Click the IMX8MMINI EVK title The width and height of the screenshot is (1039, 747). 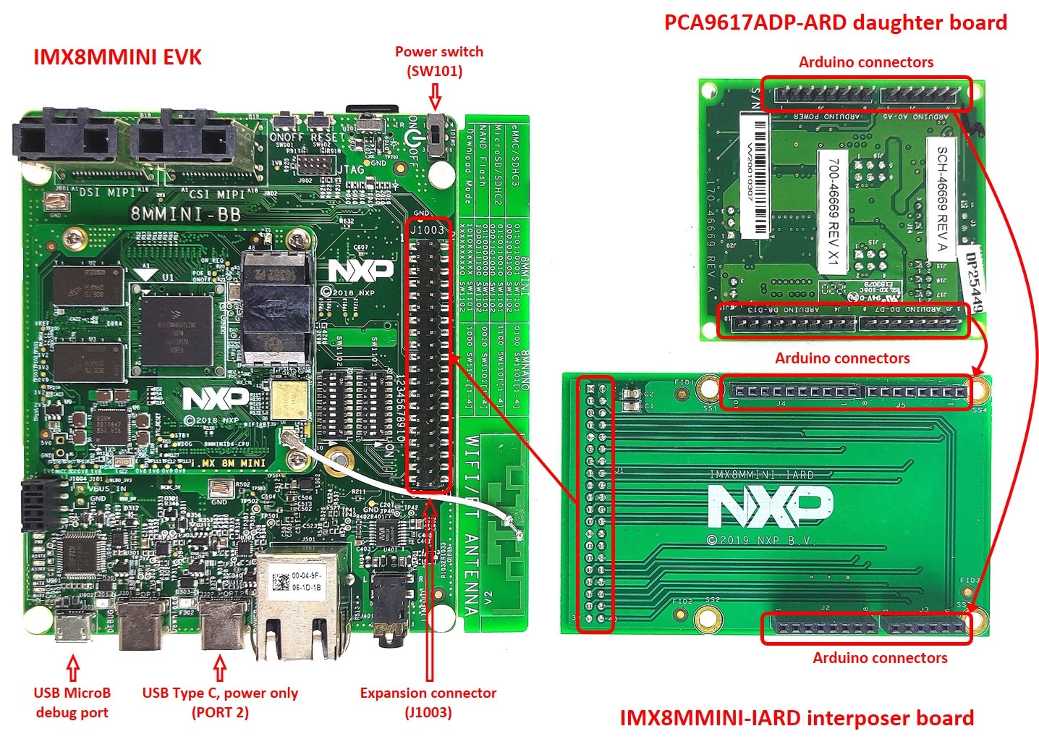[117, 57]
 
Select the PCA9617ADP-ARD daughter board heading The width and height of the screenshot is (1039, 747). [835, 22]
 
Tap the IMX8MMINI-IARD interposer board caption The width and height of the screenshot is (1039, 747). [797, 718]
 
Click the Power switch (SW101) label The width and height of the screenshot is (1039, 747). [438, 61]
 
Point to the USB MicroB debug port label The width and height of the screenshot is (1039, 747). [72, 702]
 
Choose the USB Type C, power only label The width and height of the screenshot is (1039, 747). [220, 693]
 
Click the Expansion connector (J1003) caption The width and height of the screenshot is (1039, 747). [428, 702]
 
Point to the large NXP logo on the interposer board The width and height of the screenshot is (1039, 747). [770, 505]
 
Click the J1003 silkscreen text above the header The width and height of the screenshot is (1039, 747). [427, 229]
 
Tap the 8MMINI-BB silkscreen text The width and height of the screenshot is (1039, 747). [185, 214]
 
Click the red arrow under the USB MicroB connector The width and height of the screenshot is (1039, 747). [72, 667]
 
